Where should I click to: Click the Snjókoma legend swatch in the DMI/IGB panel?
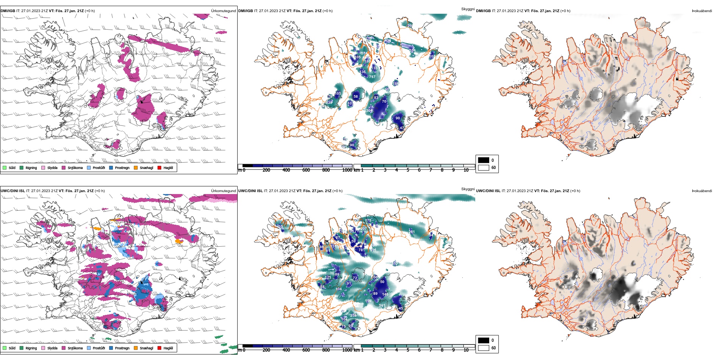tap(64, 167)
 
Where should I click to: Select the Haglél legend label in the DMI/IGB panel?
tap(168, 167)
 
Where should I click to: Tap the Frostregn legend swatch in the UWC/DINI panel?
tap(111, 348)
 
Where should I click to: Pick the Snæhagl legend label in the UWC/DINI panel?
tap(146, 348)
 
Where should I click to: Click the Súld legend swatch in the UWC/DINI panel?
tap(5, 348)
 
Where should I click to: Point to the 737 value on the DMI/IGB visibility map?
tap(372, 77)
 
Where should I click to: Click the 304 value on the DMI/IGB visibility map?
tap(369, 111)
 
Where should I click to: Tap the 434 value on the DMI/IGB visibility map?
tap(387, 40)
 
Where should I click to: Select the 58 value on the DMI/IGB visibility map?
tap(356, 96)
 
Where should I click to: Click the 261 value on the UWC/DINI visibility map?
tap(412, 232)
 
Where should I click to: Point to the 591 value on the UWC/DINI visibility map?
tap(382, 305)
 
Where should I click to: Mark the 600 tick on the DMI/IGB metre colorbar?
tap(306, 170)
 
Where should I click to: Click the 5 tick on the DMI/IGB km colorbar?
tap(408, 170)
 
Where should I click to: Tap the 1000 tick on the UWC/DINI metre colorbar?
tap(347, 350)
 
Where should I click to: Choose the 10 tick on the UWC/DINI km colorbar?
tap(466, 350)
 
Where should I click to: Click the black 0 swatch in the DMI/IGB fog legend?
tap(484, 160)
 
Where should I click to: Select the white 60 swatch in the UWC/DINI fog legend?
tap(484, 348)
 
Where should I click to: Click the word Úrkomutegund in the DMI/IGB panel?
tap(223, 11)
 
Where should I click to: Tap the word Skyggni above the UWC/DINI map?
tap(468, 189)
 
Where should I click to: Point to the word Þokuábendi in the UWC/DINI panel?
tap(702, 191)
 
